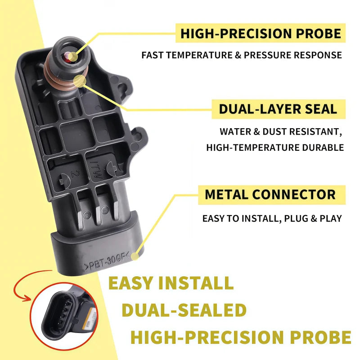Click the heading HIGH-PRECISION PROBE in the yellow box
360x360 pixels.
click(261, 33)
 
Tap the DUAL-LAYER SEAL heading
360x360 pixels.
click(278, 109)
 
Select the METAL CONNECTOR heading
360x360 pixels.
click(270, 195)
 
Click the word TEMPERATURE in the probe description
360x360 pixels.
click(199, 55)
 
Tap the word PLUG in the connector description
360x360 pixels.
click(296, 219)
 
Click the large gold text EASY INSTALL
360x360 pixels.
click(171, 283)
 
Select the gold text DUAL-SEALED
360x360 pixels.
click(184, 310)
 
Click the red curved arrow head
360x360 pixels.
click(26, 298)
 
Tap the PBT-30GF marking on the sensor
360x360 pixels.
click(107, 262)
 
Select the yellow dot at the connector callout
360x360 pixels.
click(135, 256)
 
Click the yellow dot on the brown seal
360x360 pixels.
click(80, 81)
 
